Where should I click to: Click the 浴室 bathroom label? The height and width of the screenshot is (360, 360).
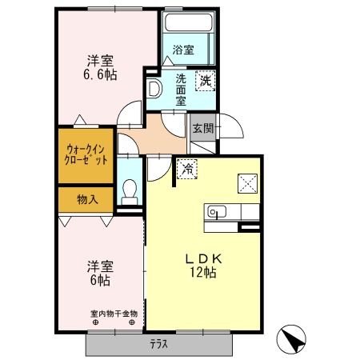click(183, 50)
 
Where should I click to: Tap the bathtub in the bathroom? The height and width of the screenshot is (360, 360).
click(189, 22)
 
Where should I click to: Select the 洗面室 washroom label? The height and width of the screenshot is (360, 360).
click(181, 90)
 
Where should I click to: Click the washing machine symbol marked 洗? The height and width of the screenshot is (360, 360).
click(206, 81)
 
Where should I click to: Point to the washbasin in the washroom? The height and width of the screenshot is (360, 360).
click(154, 88)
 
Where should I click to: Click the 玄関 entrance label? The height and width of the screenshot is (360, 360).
click(203, 129)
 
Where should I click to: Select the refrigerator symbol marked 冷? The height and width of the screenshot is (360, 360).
click(187, 169)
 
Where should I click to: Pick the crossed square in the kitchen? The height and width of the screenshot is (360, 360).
click(248, 183)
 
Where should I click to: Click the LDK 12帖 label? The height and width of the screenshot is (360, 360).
click(203, 266)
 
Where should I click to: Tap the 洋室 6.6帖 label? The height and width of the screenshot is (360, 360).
click(100, 68)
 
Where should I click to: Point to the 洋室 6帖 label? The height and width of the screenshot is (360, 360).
click(100, 274)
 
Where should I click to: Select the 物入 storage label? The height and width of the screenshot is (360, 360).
click(87, 199)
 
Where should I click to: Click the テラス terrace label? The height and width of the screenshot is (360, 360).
click(159, 344)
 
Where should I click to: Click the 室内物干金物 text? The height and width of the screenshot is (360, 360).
click(114, 314)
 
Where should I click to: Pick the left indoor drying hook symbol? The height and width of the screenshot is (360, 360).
click(95, 322)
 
